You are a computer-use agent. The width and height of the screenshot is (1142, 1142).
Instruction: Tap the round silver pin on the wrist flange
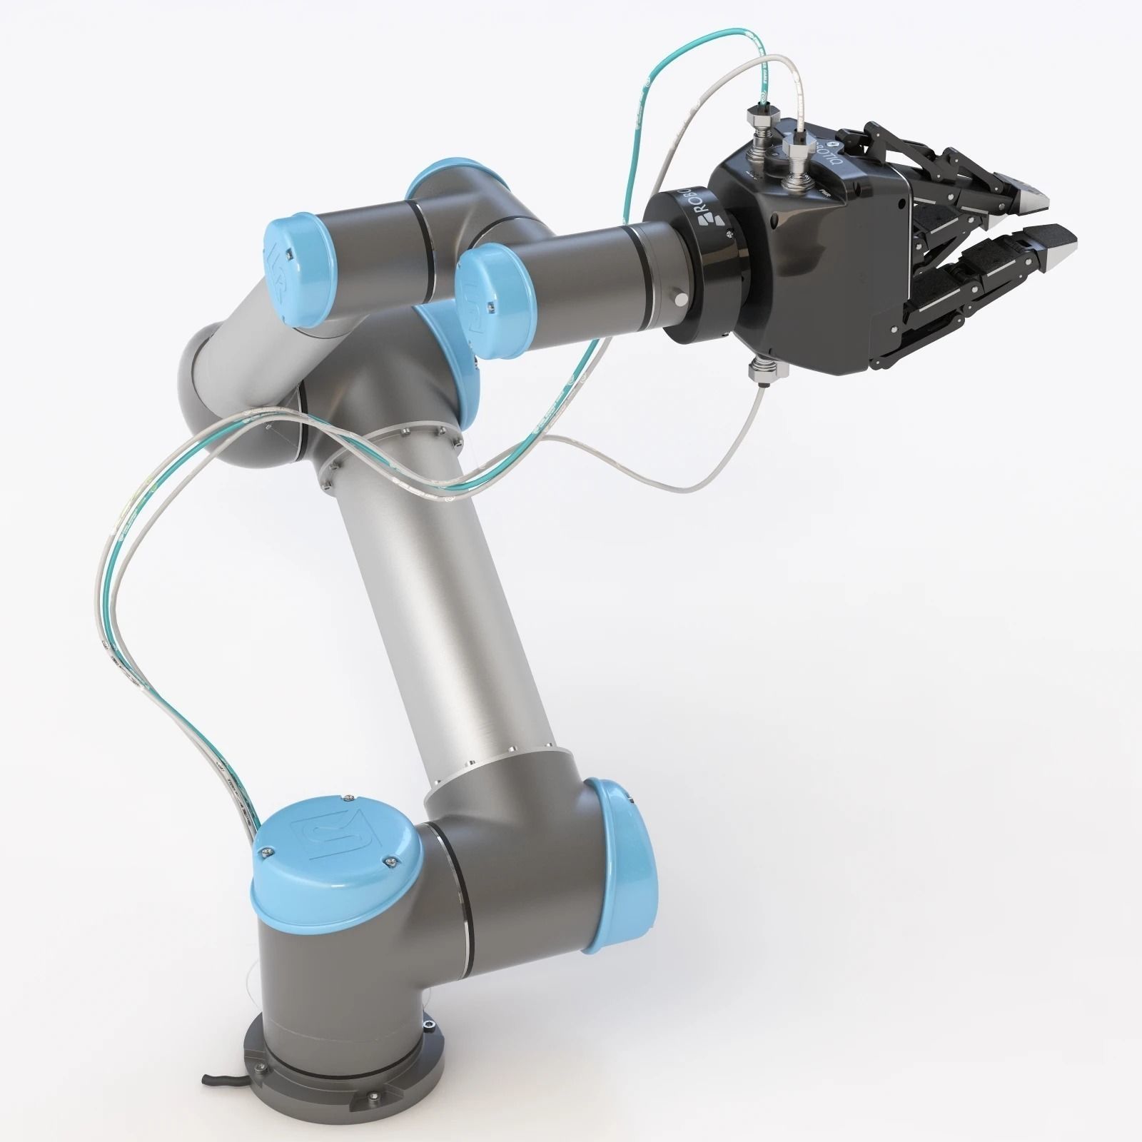tap(682, 299)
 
